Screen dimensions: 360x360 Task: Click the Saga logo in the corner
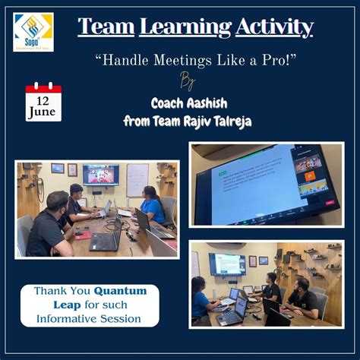[x=33, y=31]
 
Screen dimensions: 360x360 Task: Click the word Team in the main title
[x=106, y=27]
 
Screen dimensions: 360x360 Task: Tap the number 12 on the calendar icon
[x=43, y=99]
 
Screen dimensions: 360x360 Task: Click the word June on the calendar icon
[x=43, y=112]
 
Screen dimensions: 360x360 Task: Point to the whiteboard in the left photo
[x=137, y=179]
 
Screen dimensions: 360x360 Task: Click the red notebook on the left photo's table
[x=81, y=235]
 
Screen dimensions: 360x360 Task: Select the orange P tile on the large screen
[x=309, y=176]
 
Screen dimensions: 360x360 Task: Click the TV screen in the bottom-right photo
[x=227, y=264]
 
